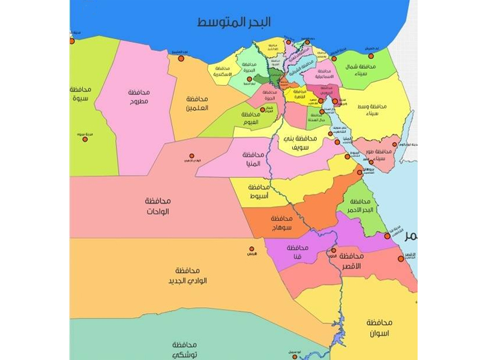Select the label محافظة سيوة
(79, 93)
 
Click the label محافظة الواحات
(158, 206)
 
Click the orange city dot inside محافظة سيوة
(85, 139)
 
